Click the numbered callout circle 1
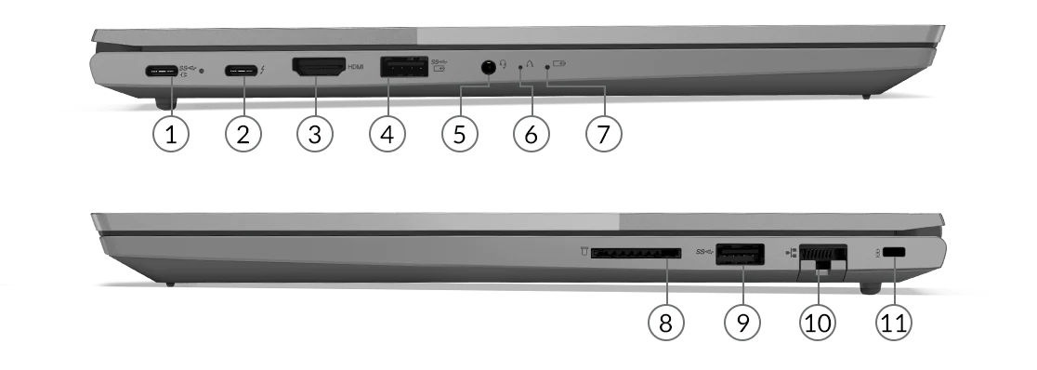click(x=171, y=134)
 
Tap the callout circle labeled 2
click(x=243, y=134)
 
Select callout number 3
click(x=315, y=134)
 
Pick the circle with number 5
click(x=460, y=134)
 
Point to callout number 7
click(x=604, y=134)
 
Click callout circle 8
click(x=666, y=323)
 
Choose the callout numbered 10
click(x=818, y=323)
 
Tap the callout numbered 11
click(x=894, y=323)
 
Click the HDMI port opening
click(x=319, y=67)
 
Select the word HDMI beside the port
click(x=356, y=67)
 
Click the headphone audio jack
click(x=488, y=67)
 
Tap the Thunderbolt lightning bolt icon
click(x=263, y=69)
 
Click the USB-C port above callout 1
click(x=162, y=70)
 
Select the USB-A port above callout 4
click(x=403, y=68)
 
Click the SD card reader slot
click(x=636, y=253)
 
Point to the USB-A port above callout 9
click(x=740, y=254)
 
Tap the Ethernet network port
click(x=822, y=256)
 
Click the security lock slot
click(x=895, y=253)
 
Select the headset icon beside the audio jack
click(x=504, y=64)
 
